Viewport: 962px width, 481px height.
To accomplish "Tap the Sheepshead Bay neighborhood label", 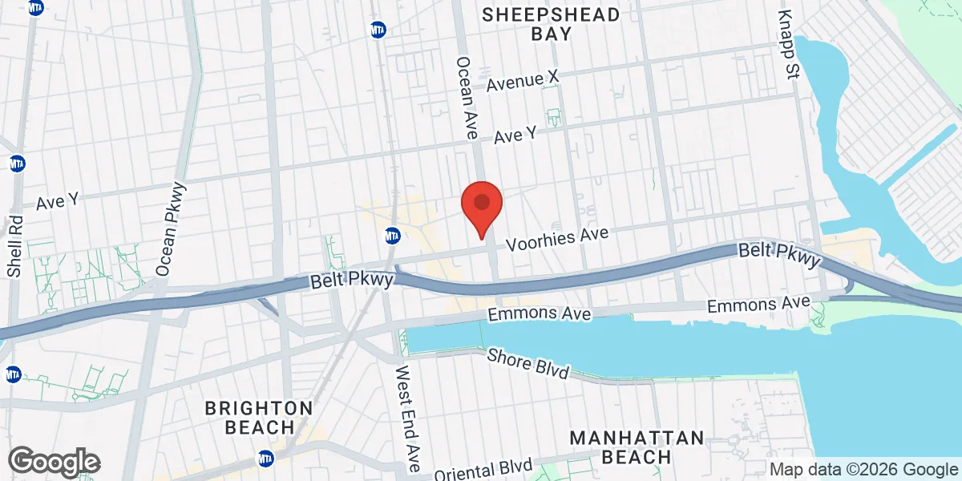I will point(552,24).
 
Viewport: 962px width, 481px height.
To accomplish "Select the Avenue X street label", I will point(522,79).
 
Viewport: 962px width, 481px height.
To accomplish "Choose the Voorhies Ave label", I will point(557,237).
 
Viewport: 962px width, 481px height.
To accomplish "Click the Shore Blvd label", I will point(529,365).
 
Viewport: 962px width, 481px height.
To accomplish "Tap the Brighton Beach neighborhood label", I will point(258,418).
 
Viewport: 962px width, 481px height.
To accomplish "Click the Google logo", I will point(54,462).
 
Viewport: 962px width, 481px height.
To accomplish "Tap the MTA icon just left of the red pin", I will point(392,236).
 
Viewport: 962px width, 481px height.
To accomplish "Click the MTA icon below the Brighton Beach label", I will point(265,459).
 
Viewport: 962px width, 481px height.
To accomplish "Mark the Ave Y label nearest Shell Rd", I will point(57,200).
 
